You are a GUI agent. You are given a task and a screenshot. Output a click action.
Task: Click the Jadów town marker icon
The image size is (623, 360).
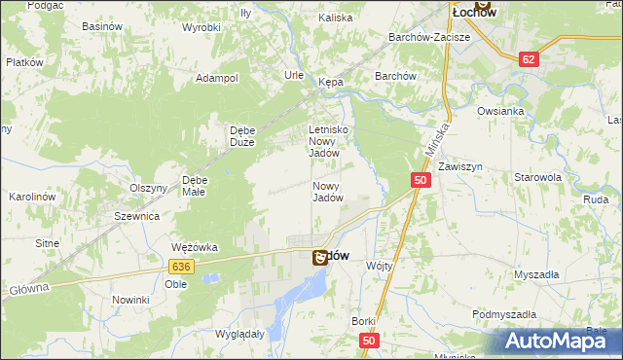pos(319,259)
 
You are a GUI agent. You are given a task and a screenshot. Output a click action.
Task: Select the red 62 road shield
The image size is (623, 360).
pos(529,59)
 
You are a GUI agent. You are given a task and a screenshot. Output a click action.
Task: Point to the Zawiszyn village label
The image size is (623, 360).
pos(460,167)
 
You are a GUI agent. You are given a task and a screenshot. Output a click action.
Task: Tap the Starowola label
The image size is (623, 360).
pos(538,178)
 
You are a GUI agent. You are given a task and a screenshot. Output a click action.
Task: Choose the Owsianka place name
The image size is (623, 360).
pos(501,111)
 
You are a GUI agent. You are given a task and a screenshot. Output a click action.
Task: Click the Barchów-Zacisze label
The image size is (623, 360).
pos(429,37)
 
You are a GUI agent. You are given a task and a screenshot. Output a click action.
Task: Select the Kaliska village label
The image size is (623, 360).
pos(335,18)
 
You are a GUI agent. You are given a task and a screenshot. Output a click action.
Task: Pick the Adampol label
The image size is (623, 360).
pos(217,78)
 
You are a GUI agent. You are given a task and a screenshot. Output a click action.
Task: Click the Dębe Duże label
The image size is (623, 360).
pos(241,136)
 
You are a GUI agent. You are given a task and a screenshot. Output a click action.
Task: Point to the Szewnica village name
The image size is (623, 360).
pos(136,216)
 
